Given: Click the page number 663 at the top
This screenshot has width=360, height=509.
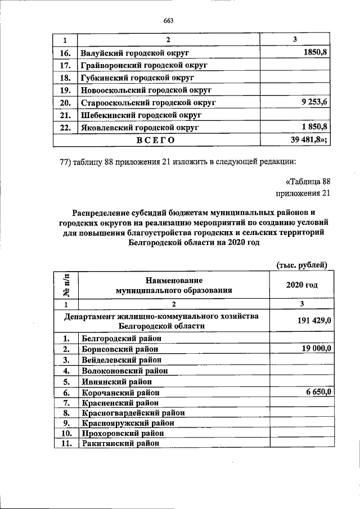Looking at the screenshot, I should tap(168, 21).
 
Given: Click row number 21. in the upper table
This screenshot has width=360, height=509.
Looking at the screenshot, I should tap(65, 115).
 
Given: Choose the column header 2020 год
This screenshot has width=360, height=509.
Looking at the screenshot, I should tap(301, 285).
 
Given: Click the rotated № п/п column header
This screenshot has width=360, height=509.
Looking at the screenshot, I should tap(66, 285).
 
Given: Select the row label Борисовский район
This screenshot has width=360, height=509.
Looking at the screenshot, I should tap(119, 349).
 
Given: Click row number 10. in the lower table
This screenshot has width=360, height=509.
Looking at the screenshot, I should tap(66, 433).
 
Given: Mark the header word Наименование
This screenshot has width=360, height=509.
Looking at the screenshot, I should tap(173, 280).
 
